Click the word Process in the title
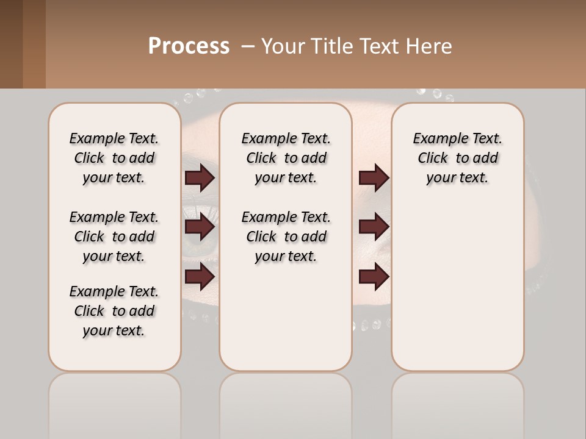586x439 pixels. (189, 46)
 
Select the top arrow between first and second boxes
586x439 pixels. (200, 177)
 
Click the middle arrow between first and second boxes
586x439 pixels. (200, 227)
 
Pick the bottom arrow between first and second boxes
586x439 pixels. (200, 277)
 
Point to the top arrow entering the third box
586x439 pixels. (374, 177)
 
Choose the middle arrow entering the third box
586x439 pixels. (374, 227)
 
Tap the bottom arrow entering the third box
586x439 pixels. (374, 277)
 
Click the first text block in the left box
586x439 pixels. (114, 158)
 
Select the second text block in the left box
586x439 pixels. (114, 237)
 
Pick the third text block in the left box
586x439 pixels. (114, 311)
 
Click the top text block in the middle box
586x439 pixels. (286, 158)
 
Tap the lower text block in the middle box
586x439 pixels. (286, 237)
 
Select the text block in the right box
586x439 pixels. (457, 158)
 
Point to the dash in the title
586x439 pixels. (248, 46)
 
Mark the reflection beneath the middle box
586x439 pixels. (286, 402)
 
